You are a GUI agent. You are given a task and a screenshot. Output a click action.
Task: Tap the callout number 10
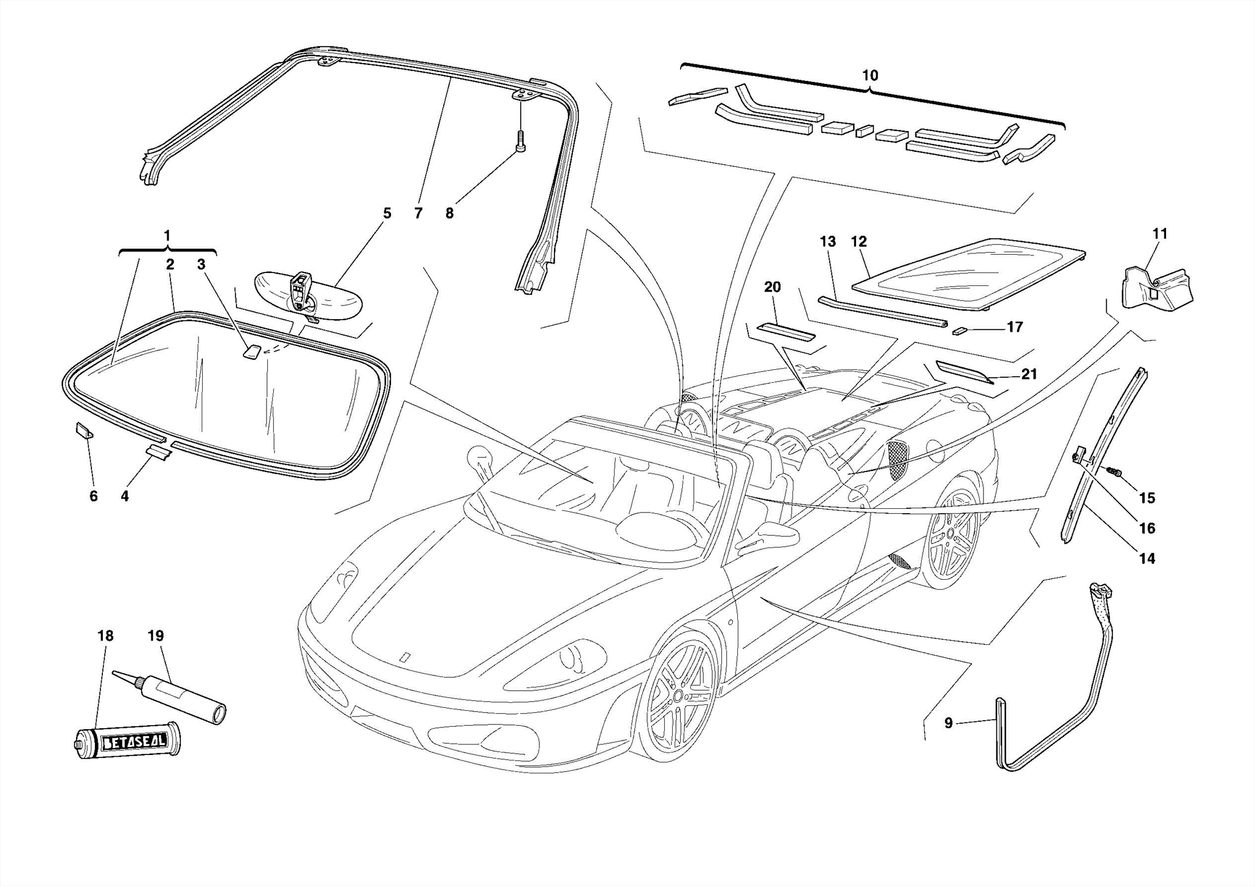click(870, 76)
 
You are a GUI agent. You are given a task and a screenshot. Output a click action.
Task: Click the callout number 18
click(105, 636)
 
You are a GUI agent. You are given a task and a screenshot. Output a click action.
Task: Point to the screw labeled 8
click(520, 141)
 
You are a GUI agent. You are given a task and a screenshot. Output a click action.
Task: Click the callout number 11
click(1160, 234)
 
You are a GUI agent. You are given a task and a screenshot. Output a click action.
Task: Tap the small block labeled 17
click(959, 331)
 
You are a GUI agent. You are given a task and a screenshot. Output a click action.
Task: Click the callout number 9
click(949, 723)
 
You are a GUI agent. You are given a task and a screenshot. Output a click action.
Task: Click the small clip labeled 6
click(84, 430)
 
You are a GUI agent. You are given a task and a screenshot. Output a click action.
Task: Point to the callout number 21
click(1029, 374)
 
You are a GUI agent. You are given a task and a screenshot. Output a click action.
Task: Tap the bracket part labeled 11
click(1156, 288)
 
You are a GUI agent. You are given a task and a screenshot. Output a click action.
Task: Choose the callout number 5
click(387, 213)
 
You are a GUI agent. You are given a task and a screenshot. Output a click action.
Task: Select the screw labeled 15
click(1114, 488)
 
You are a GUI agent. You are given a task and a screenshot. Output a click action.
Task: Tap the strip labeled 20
click(786, 332)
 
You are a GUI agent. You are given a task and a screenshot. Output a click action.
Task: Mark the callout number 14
click(1147, 558)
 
